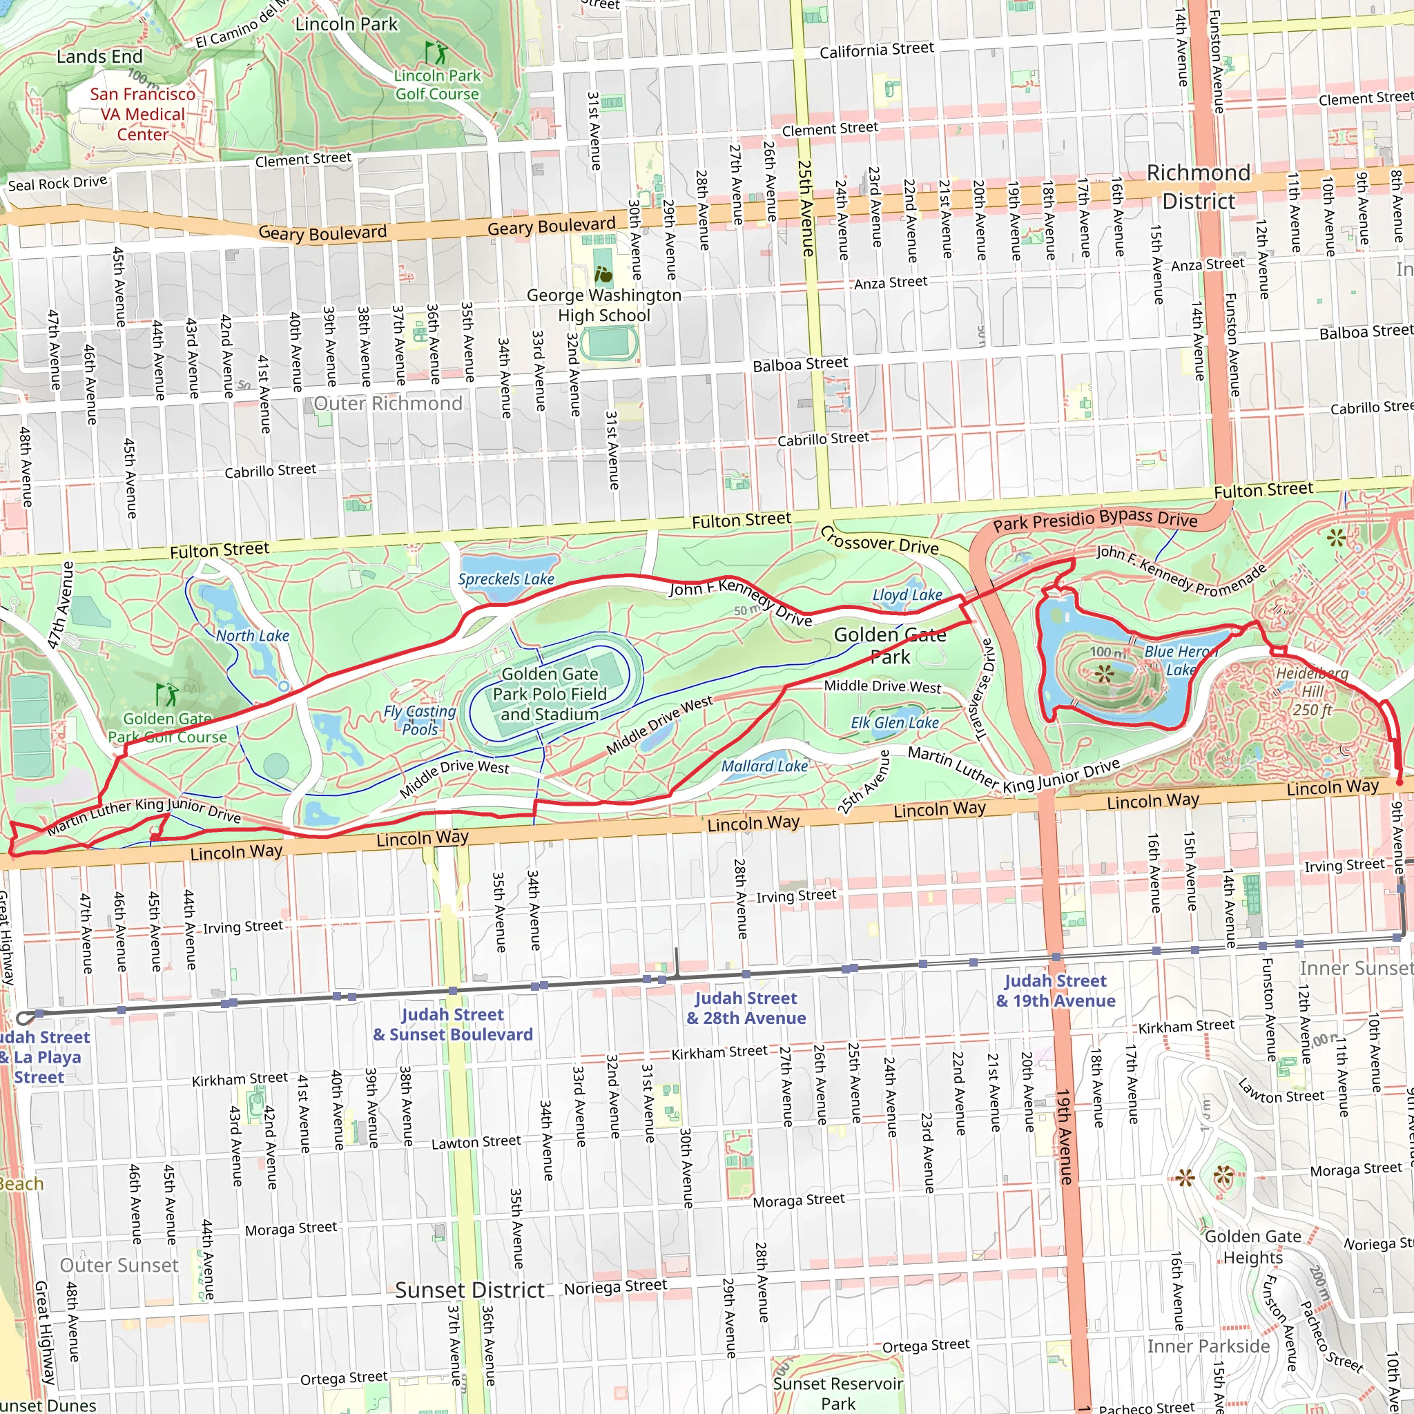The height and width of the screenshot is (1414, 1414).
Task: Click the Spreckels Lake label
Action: click(x=505, y=579)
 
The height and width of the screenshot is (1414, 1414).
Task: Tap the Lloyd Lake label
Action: click(x=907, y=595)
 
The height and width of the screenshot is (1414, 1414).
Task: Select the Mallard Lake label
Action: click(x=764, y=766)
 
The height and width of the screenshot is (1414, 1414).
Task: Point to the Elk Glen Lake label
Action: click(x=894, y=722)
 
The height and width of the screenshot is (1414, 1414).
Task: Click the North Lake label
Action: click(x=252, y=635)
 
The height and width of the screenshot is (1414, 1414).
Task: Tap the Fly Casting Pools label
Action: click(x=419, y=719)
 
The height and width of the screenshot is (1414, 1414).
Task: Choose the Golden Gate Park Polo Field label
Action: click(x=550, y=694)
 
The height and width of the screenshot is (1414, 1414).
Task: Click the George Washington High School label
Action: click(x=604, y=305)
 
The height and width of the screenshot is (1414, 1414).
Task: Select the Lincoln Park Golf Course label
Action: click(x=437, y=84)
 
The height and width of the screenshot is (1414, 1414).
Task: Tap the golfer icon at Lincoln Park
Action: click(x=436, y=52)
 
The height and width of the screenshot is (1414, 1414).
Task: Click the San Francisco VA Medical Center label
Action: click(x=143, y=114)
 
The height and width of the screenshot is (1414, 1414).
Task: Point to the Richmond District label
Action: click(x=1198, y=186)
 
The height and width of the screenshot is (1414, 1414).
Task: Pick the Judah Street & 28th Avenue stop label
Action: click(x=746, y=1008)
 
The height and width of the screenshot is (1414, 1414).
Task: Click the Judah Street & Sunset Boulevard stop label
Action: click(x=452, y=1024)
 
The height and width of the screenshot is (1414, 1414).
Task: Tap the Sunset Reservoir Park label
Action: click(x=837, y=1393)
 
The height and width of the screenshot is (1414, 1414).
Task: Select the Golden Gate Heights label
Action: click(x=1252, y=1246)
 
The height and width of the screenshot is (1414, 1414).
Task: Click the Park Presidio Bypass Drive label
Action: click(x=1095, y=521)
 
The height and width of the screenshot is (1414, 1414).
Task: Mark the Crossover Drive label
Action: click(x=879, y=540)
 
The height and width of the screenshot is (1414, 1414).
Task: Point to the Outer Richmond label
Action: click(x=388, y=403)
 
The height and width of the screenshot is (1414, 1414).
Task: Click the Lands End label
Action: click(x=99, y=57)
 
